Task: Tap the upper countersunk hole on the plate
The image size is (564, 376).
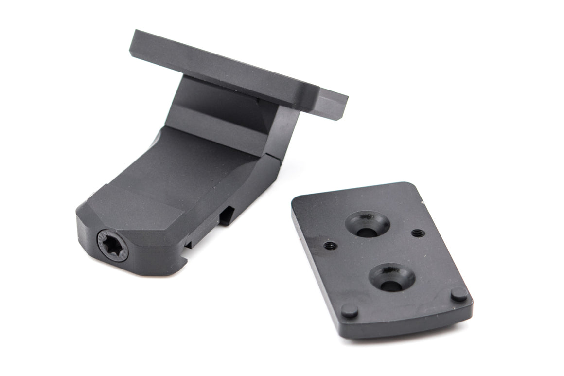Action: pyautogui.click(x=367, y=225)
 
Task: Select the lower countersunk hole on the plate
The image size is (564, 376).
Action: pyautogui.click(x=391, y=278)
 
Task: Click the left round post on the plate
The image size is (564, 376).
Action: pyautogui.click(x=349, y=310)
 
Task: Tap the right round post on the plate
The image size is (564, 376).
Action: pyautogui.click(x=458, y=294)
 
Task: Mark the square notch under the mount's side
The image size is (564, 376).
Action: pyautogui.click(x=227, y=215)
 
